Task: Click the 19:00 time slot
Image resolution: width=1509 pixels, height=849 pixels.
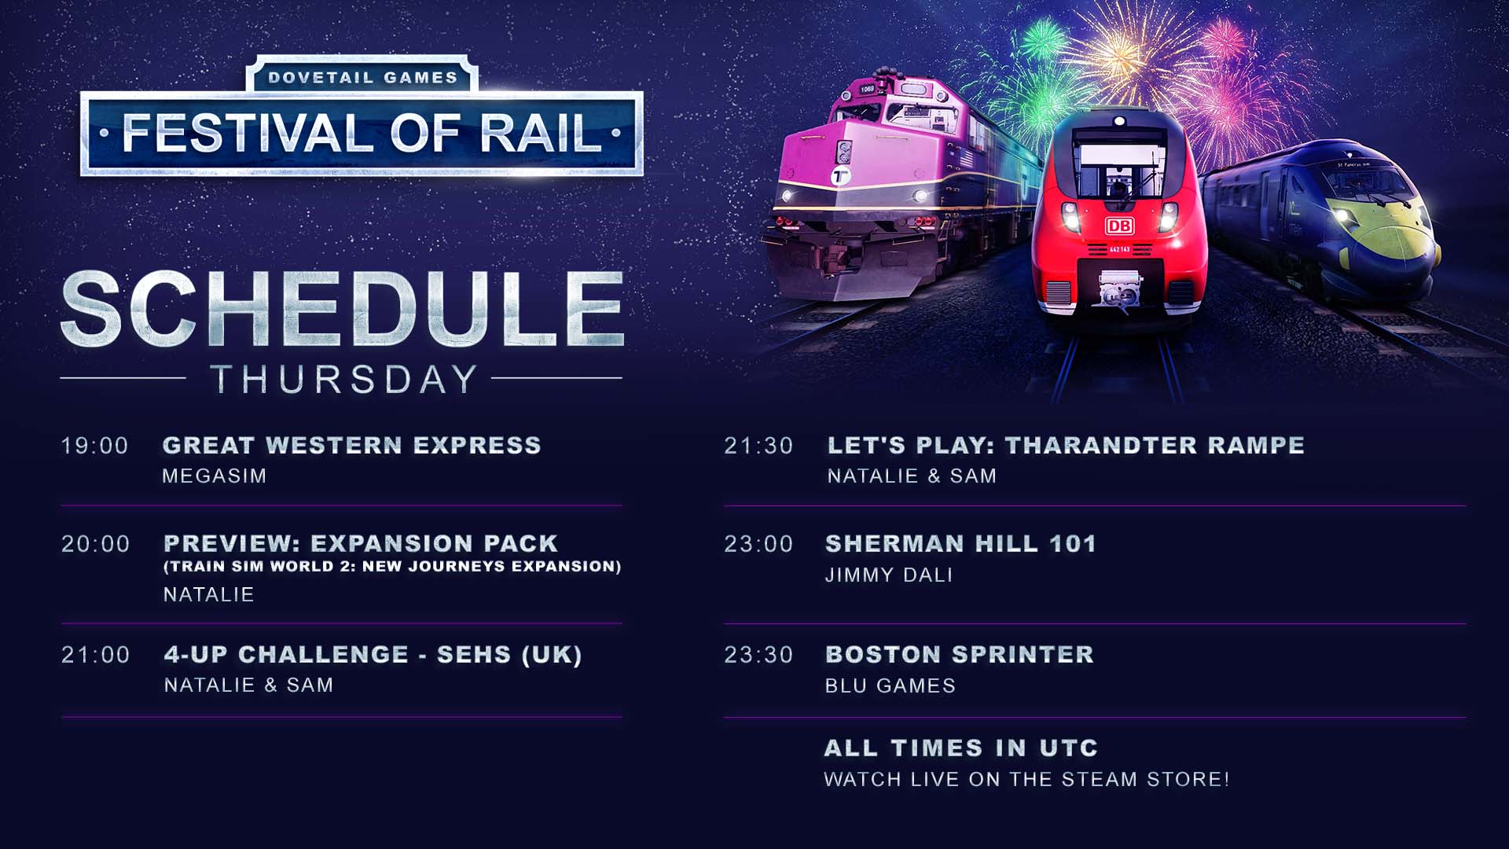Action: click(x=95, y=446)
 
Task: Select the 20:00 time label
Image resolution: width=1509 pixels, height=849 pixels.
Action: click(x=96, y=544)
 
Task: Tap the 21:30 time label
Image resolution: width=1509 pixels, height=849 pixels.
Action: click(x=759, y=446)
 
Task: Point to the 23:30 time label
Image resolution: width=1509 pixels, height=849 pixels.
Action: click(x=759, y=655)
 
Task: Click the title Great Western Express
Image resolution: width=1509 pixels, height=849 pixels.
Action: click(x=352, y=445)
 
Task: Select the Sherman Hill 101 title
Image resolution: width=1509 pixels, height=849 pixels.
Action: click(x=960, y=543)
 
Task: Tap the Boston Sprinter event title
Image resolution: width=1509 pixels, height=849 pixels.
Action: click(x=960, y=654)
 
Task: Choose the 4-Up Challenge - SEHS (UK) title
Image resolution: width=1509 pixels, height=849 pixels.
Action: click(x=373, y=654)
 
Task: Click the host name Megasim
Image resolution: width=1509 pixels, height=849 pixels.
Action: click(x=215, y=476)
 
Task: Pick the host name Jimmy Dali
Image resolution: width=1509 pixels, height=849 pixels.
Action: click(x=889, y=575)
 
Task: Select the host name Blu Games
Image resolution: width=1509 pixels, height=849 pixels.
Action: click(x=890, y=685)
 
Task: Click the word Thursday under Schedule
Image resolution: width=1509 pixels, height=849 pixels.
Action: click(x=344, y=379)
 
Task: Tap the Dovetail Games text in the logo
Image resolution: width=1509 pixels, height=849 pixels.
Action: click(x=363, y=77)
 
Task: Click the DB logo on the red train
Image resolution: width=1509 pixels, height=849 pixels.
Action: click(x=1119, y=226)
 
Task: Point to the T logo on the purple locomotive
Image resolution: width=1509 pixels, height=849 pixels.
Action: click(x=840, y=175)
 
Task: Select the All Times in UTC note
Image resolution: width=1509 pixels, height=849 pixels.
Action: click(x=961, y=748)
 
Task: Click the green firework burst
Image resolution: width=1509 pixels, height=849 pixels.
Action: click(x=1044, y=39)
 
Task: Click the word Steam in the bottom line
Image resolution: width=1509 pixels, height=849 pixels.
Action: click(x=1100, y=779)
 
